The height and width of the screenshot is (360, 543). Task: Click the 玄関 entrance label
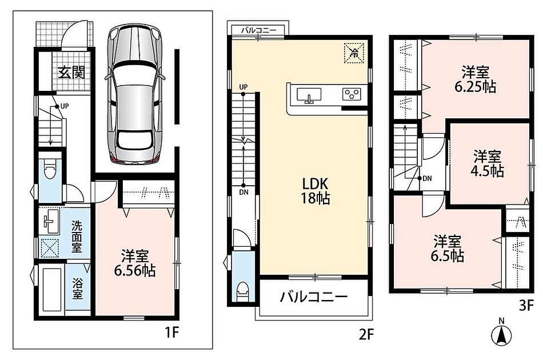click(71, 73)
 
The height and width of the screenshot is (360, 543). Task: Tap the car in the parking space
click(134, 94)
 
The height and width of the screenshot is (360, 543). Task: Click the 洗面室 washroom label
click(77, 237)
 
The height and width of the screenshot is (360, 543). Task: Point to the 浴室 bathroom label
click(77, 289)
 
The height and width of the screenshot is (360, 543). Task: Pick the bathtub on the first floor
click(51, 289)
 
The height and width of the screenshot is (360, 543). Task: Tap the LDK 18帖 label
click(315, 191)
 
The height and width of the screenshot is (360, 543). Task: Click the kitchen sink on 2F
click(309, 95)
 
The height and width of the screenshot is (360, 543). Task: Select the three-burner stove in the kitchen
click(352, 94)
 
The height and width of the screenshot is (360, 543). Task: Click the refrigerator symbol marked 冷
click(354, 53)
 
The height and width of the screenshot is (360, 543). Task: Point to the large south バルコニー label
click(314, 297)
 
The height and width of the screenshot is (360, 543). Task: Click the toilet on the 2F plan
click(243, 291)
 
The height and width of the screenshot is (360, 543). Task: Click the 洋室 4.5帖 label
click(487, 164)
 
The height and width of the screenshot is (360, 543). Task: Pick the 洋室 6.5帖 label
click(448, 248)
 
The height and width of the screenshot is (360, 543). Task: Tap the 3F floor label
click(526, 306)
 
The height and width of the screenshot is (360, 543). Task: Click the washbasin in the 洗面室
click(51, 221)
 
